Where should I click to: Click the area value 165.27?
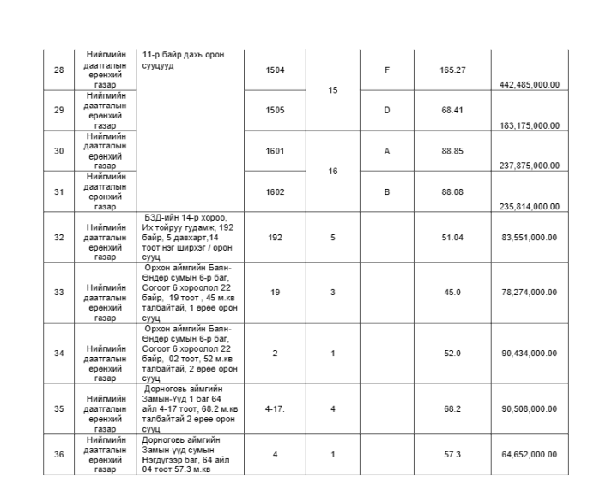click(452, 70)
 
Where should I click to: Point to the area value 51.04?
click(452, 234)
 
